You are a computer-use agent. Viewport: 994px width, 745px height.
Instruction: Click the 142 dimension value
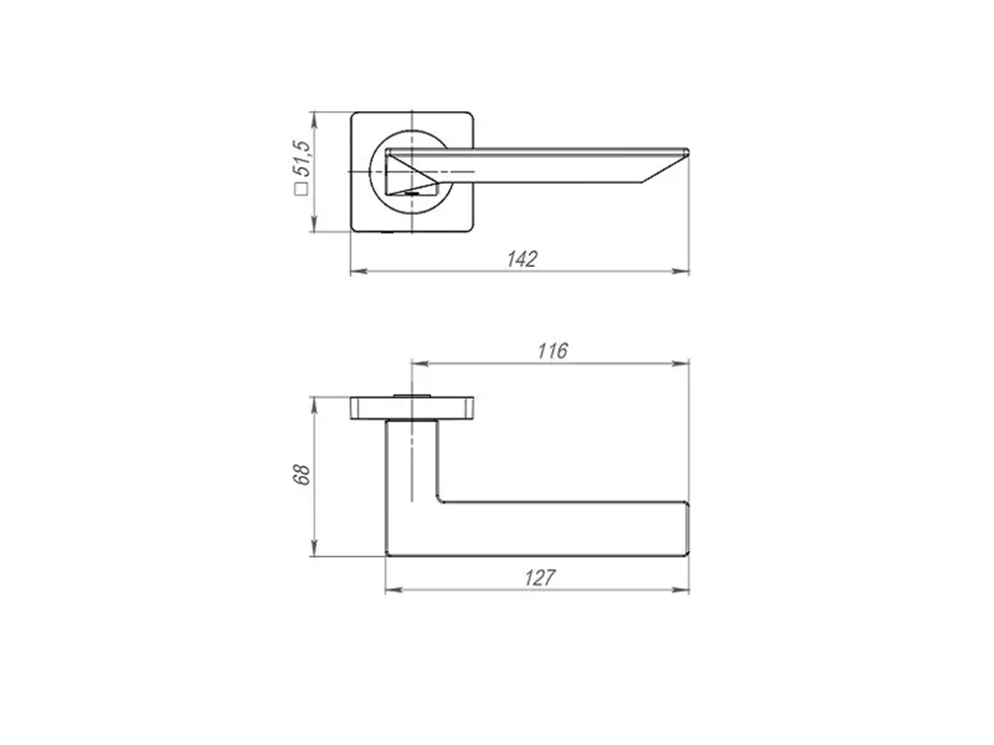pos(522,259)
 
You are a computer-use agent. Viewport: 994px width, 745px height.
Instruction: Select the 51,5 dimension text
pos(301,158)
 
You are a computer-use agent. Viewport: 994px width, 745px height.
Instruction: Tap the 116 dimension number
pos(552,351)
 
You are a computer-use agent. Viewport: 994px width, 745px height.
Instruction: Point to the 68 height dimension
pos(302,474)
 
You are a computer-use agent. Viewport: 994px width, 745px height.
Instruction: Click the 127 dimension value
pos(540,578)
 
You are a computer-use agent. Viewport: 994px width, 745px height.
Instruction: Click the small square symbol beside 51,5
pos(301,189)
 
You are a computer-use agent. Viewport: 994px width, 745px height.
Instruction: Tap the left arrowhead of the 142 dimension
pos(359,272)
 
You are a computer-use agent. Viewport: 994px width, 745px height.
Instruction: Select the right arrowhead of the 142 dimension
pos(680,272)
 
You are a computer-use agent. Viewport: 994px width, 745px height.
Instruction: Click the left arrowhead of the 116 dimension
pos(420,363)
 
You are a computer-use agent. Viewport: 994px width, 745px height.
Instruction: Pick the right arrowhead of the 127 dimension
pos(680,590)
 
